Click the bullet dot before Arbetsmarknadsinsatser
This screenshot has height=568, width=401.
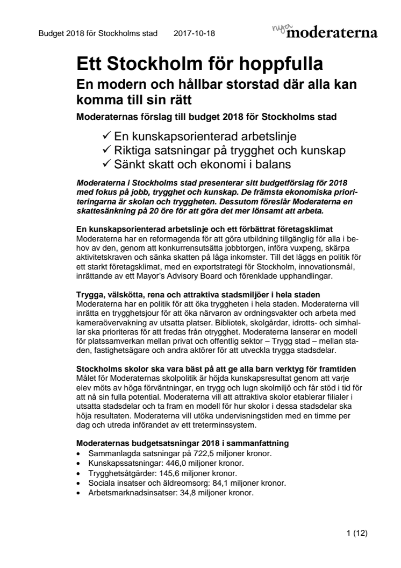click(79, 493)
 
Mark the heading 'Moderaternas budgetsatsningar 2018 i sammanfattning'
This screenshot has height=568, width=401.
click(183, 444)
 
